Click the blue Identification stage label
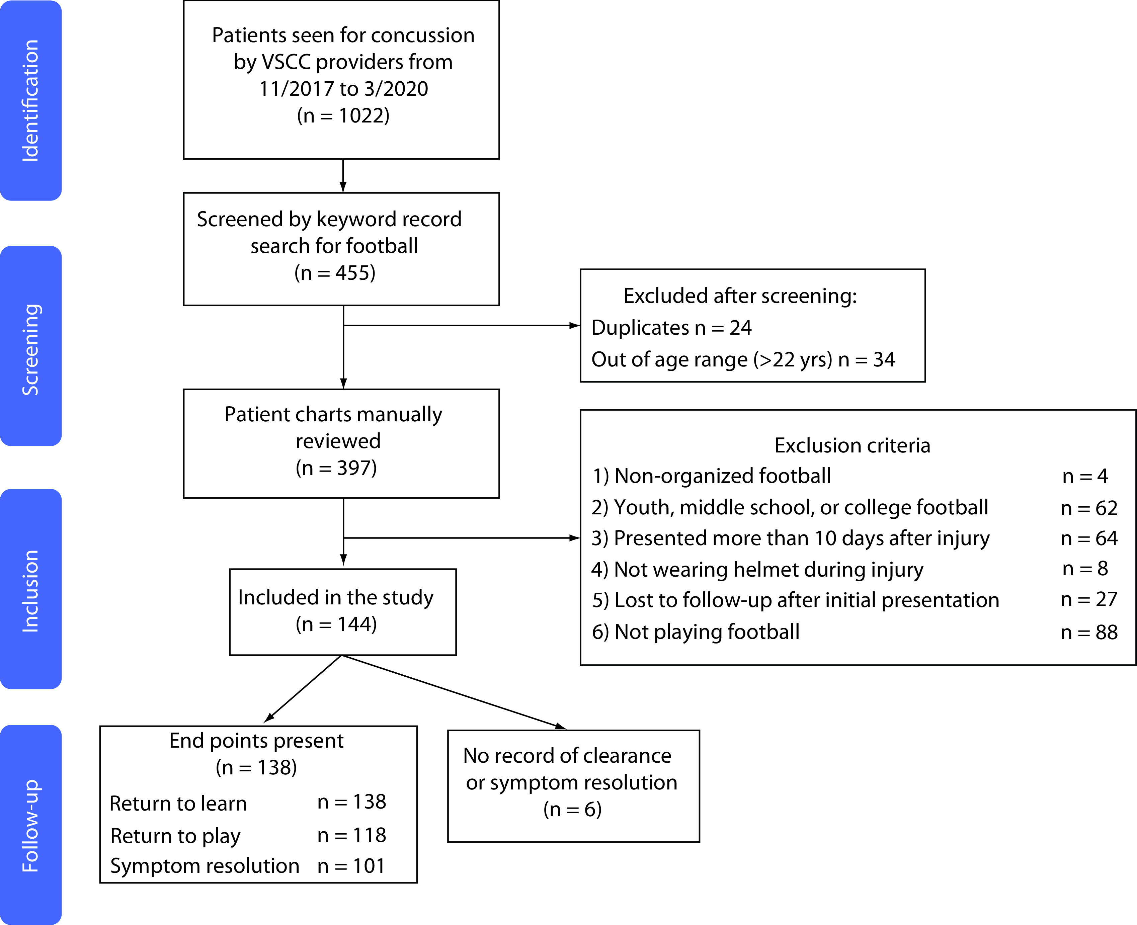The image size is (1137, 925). point(30,100)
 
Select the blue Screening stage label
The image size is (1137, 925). point(30,346)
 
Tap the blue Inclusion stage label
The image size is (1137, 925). point(30,589)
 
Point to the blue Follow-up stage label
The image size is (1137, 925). point(30,825)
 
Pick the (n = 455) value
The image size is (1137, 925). point(335,273)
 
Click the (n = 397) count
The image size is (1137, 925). point(336,468)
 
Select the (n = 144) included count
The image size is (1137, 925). point(336,624)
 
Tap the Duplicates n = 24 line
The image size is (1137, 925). point(671,328)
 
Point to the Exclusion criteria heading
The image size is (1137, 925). point(852,445)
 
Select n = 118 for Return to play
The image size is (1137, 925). point(352,835)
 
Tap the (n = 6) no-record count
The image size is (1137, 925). point(573,809)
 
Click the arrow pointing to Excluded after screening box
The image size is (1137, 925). point(462,326)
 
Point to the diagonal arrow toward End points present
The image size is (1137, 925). point(303,688)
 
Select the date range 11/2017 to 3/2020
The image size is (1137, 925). point(343,88)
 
